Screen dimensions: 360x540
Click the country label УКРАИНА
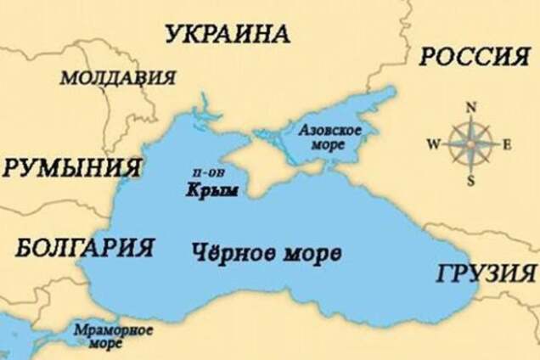click(227, 34)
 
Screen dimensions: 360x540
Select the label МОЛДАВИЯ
click(118, 77)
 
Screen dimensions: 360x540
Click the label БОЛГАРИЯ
click(85, 248)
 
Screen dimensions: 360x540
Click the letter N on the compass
click(470, 106)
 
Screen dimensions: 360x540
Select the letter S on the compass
click(470, 180)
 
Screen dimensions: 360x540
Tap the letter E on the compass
click(507, 143)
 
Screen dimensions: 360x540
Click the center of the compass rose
click(470, 143)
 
